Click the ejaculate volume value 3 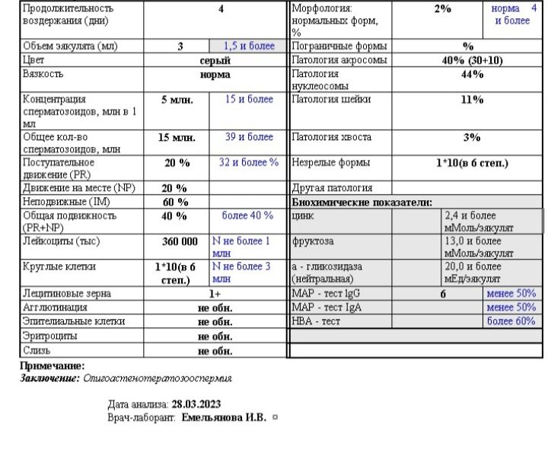pos(180,46)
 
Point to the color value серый pos(215,60)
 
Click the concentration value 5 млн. pos(176,100)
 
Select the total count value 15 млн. pos(177,138)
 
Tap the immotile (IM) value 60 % pos(176,202)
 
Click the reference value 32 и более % pos(249,162)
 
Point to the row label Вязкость pos(43,75)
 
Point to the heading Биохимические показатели pos(362,202)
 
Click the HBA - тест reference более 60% pos(511,321)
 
